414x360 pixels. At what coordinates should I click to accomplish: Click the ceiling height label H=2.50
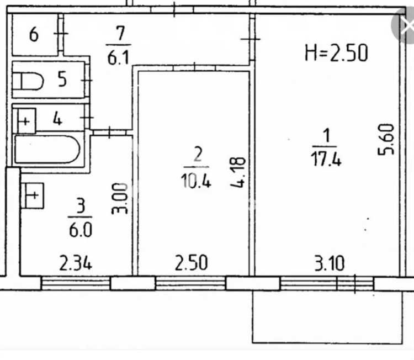[x=336, y=53]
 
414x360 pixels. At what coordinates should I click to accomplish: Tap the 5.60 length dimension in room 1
[x=386, y=140]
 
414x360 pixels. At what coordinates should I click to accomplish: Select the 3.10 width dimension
[x=330, y=263]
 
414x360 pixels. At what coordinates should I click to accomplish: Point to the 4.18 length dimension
[x=237, y=172]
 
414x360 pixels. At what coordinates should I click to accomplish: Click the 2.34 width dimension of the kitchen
[x=76, y=262]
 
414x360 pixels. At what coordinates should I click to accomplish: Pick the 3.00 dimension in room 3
[x=120, y=198]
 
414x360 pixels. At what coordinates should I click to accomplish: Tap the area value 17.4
[x=326, y=159]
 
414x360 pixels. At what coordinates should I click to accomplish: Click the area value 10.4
[x=196, y=181]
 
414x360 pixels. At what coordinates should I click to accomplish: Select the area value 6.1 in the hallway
[x=118, y=58]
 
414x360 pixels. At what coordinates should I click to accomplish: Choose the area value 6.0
[x=81, y=230]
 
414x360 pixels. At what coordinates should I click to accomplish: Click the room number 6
[x=34, y=34]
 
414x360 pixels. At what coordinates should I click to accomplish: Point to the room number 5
[x=62, y=79]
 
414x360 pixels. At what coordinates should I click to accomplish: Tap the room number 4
[x=57, y=118]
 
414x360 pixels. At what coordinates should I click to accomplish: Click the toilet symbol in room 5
[x=28, y=81]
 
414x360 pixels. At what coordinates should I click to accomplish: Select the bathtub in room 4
[x=47, y=149]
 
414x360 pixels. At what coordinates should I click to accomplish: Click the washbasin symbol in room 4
[x=26, y=121]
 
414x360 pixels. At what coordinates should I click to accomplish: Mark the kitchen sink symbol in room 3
[x=32, y=195]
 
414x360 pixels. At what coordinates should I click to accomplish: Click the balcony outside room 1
[x=327, y=317]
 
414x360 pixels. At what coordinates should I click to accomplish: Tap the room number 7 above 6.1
[x=120, y=33]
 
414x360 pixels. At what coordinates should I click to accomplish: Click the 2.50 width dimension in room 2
[x=192, y=262]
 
